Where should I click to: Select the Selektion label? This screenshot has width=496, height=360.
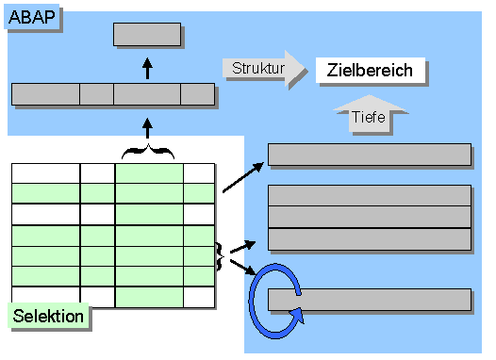click(x=49, y=317)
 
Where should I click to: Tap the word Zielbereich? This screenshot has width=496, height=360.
click(x=370, y=71)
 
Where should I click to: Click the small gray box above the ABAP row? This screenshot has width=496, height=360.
click(x=147, y=35)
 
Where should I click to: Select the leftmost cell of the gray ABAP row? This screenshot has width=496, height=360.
click(x=45, y=94)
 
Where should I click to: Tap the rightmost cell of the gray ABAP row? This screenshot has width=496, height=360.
click(x=197, y=94)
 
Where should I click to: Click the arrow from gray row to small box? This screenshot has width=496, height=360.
click(x=147, y=67)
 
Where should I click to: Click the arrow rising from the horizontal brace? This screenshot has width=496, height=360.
click(x=147, y=127)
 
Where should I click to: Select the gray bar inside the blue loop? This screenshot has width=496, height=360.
click(x=370, y=301)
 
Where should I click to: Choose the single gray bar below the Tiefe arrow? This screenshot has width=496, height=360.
click(x=370, y=155)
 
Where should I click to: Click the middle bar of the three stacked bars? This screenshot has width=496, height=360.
click(x=370, y=217)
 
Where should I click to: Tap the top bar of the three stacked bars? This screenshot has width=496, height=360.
click(x=370, y=195)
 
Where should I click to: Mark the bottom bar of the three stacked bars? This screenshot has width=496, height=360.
click(x=370, y=238)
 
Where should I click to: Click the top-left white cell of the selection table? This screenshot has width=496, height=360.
click(x=45, y=172)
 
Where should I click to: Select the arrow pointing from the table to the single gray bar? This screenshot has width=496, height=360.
click(x=243, y=177)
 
